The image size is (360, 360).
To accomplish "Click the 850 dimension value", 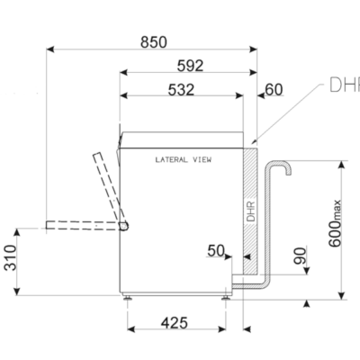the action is [154, 42].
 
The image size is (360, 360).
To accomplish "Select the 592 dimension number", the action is [190, 66].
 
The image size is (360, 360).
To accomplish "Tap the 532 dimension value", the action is [181, 90].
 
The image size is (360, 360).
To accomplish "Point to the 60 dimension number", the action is [274, 90].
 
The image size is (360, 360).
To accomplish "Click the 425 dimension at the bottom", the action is [175, 323].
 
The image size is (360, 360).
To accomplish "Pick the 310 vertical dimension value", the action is [10, 257].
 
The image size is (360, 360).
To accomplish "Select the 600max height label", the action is [335, 223].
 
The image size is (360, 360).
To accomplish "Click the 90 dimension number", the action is [300, 256].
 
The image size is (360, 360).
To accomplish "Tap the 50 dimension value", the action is [216, 251].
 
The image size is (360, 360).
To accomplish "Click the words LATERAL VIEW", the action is [184, 159].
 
